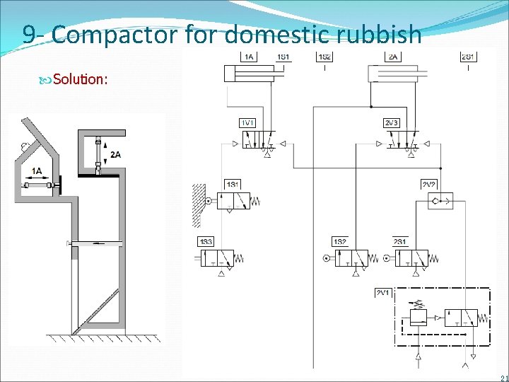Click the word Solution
(79, 79)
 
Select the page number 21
(503, 376)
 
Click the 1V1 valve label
(247, 122)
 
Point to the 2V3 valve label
(391, 122)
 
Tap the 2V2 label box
(428, 184)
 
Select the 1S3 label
(206, 242)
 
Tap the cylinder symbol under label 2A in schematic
(392, 74)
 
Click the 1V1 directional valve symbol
(256, 144)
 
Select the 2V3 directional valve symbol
(400, 144)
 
